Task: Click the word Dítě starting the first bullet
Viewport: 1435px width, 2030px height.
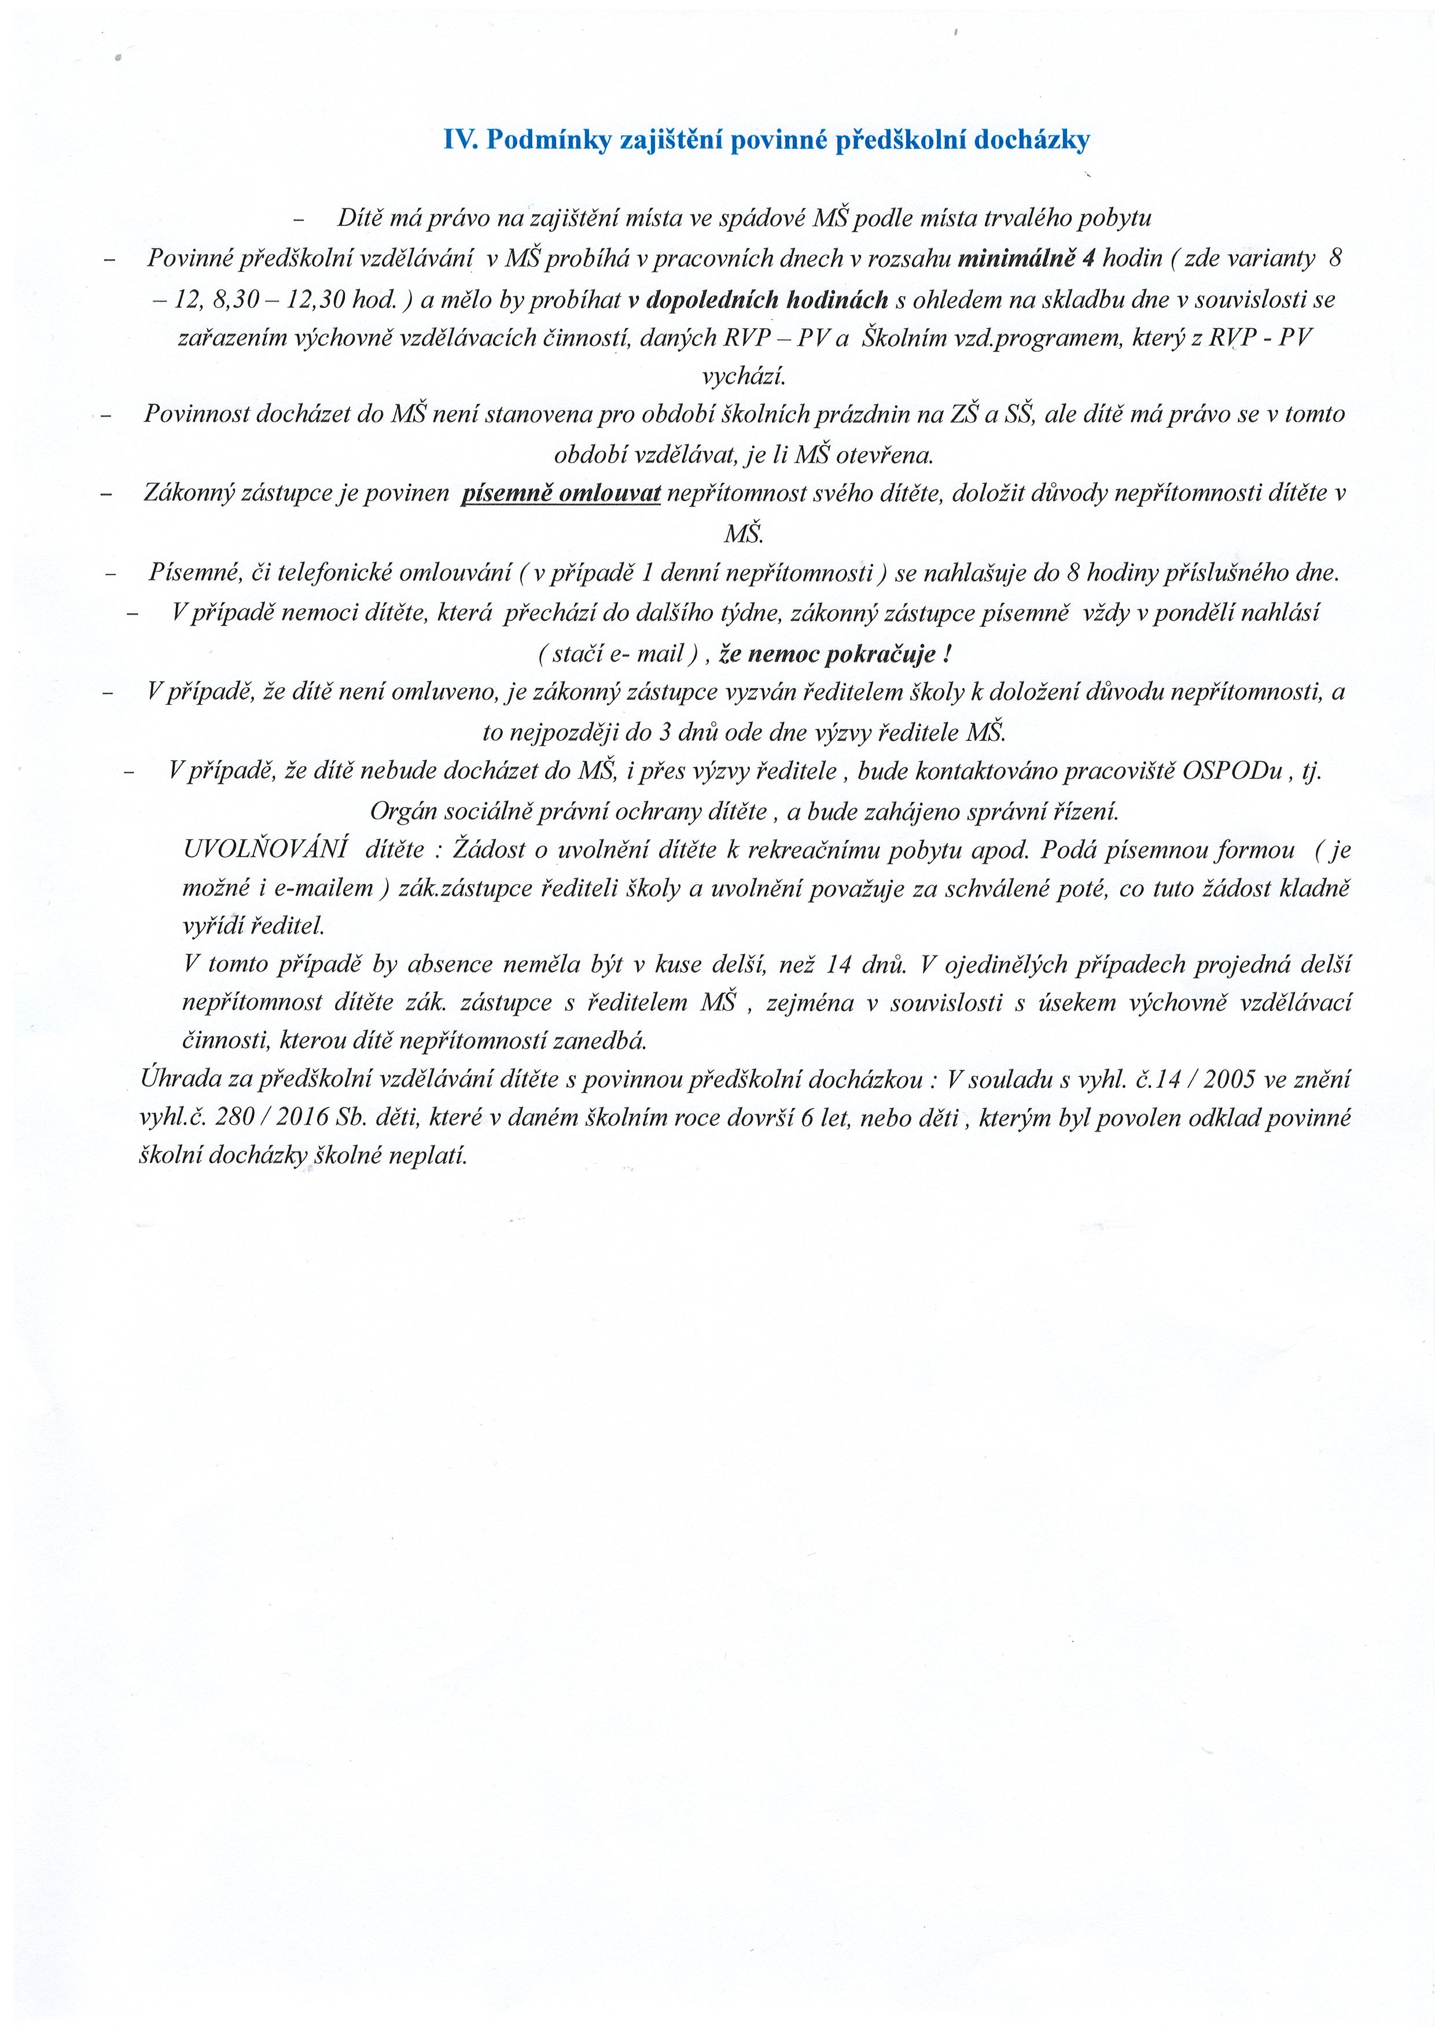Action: coord(359,218)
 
